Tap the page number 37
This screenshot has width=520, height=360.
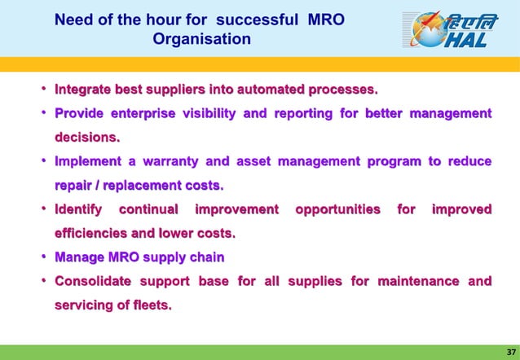click(x=506, y=350)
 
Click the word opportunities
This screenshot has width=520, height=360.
click(x=337, y=210)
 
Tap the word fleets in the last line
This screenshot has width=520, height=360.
click(x=149, y=306)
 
